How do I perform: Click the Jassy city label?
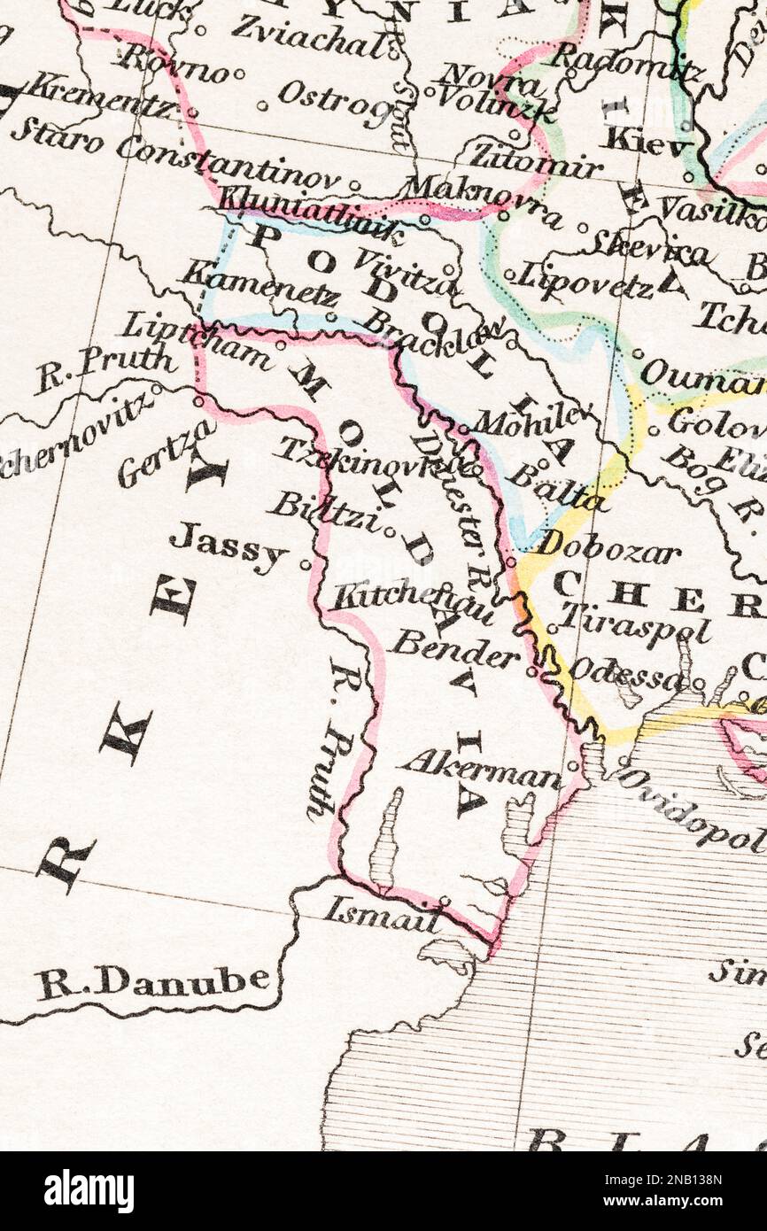pos(229,548)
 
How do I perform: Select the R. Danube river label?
pos(152,981)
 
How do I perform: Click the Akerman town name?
pos(480,770)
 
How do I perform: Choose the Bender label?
pos(454,651)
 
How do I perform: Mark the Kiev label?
pos(647,142)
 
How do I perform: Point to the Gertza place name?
pos(167,454)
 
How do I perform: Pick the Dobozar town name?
pos(607,546)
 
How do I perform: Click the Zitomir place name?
pos(534,159)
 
